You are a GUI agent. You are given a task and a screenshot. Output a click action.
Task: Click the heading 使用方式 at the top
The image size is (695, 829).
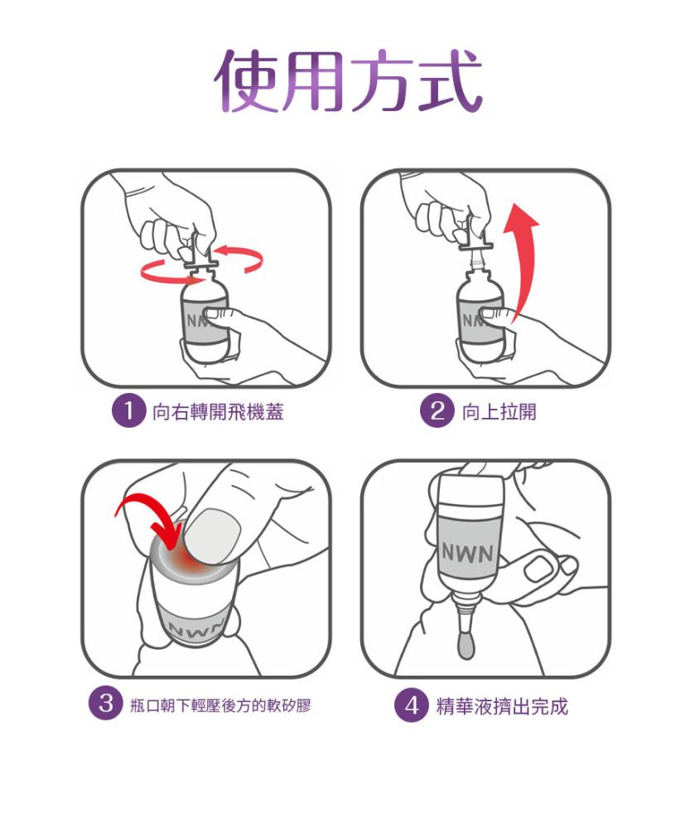348,80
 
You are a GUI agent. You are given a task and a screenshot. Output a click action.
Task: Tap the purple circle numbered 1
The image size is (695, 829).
128,411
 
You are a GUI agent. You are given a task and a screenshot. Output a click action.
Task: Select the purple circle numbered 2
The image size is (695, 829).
437,411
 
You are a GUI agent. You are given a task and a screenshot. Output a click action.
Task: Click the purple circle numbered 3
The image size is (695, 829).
106,704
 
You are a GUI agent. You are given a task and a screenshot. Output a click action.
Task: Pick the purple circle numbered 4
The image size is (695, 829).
412,705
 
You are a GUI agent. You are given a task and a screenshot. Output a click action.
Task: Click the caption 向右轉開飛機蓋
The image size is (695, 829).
218,412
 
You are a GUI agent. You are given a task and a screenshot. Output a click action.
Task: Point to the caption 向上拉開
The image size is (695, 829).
499,411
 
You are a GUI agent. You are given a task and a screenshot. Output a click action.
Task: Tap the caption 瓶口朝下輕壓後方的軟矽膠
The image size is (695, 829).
220,705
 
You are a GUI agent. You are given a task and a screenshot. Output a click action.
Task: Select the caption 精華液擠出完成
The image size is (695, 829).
502,706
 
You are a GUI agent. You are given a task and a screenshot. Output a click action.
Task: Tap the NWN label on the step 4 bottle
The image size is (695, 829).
467,553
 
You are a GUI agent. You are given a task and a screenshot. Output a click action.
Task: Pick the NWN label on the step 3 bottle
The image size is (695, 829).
195,627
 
